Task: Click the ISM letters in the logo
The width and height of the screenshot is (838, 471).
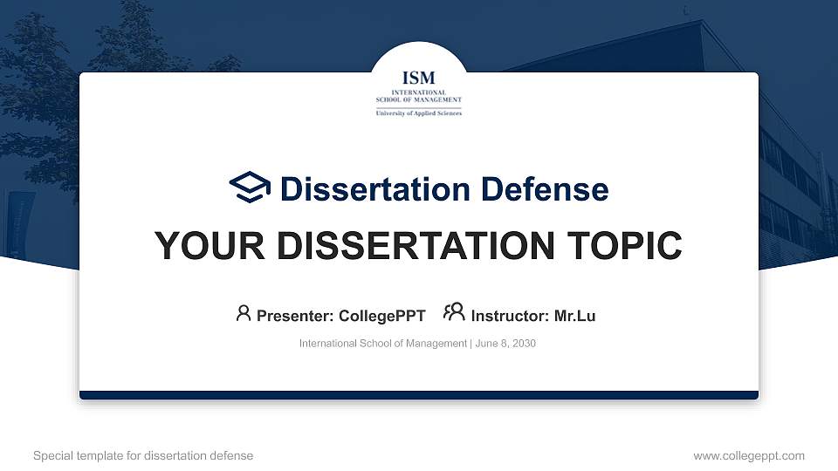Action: [418, 78]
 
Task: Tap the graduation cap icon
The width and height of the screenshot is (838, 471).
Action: [250, 188]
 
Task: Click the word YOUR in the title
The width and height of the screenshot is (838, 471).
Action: [202, 246]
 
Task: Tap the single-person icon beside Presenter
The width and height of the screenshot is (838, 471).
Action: [244, 313]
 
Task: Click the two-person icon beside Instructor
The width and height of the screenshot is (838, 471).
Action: [454, 313]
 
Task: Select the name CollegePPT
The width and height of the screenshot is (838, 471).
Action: [382, 316]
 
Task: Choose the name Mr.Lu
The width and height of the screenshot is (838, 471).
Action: [574, 316]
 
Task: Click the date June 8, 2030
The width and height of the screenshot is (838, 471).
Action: [505, 344]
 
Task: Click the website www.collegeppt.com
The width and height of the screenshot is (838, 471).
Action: [748, 455]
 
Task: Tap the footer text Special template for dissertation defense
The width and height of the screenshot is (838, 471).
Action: [143, 455]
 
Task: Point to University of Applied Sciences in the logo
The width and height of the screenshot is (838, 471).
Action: [418, 113]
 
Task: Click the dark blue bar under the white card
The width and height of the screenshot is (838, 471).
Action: [418, 395]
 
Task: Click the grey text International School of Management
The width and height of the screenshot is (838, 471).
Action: [382, 344]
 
